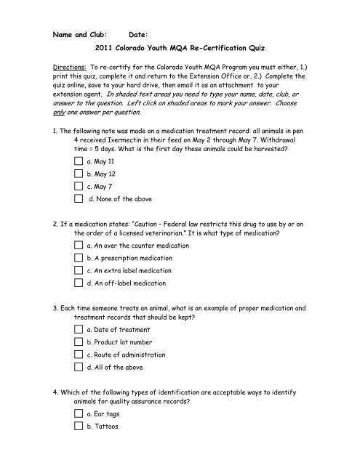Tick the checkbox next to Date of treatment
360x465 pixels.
click(79, 373)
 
